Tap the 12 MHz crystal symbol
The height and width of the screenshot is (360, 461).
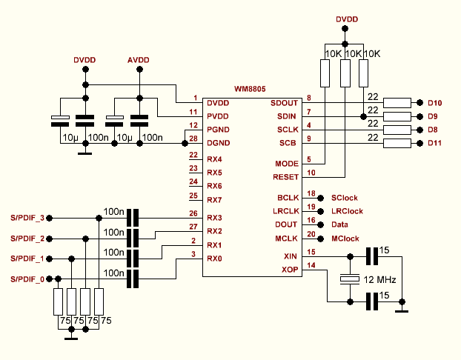click(348, 279)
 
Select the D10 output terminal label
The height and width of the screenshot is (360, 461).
click(434, 103)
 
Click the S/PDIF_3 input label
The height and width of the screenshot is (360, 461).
click(27, 219)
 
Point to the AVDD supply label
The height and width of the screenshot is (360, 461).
click(139, 59)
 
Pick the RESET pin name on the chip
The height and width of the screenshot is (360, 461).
click(286, 177)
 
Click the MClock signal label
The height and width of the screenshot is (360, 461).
click(345, 239)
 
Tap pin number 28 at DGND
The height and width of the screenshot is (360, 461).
click(194, 139)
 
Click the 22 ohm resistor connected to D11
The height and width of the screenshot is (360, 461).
click(398, 143)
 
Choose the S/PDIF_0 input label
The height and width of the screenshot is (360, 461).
click(27, 279)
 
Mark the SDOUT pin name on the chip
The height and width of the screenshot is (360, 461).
click(284, 103)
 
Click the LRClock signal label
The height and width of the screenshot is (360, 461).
click(347, 211)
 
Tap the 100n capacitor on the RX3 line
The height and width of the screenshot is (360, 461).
click(133, 219)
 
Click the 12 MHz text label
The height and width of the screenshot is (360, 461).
click(379, 280)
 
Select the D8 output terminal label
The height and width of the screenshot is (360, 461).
click(434, 130)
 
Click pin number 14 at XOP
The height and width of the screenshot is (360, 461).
click(311, 265)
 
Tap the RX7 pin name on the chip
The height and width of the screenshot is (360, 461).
click(214, 200)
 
